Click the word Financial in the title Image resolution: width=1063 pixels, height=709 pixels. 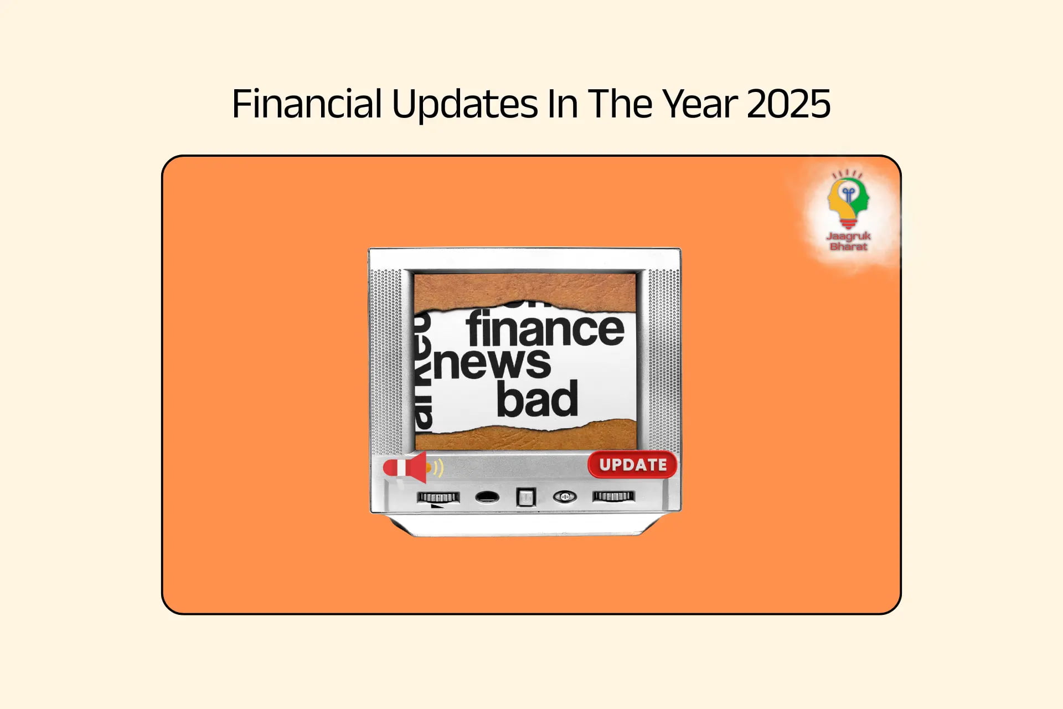306,104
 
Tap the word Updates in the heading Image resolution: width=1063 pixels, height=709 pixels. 465,104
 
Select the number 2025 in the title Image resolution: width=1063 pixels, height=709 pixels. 788,104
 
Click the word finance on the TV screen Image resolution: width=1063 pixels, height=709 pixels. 545,329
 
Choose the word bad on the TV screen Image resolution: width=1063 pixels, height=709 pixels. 536,399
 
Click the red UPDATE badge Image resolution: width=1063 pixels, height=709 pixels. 632,465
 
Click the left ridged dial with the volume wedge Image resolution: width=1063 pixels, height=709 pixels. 438,497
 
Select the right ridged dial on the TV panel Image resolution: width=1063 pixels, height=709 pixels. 613,496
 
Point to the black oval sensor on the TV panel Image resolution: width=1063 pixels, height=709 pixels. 487,497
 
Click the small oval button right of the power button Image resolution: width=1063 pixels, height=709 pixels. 564,497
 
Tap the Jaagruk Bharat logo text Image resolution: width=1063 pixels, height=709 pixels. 848,241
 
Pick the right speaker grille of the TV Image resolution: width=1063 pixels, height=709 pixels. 663,360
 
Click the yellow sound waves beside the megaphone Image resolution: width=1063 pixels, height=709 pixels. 438,468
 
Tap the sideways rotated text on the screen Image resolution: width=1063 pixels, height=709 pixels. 423,371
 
